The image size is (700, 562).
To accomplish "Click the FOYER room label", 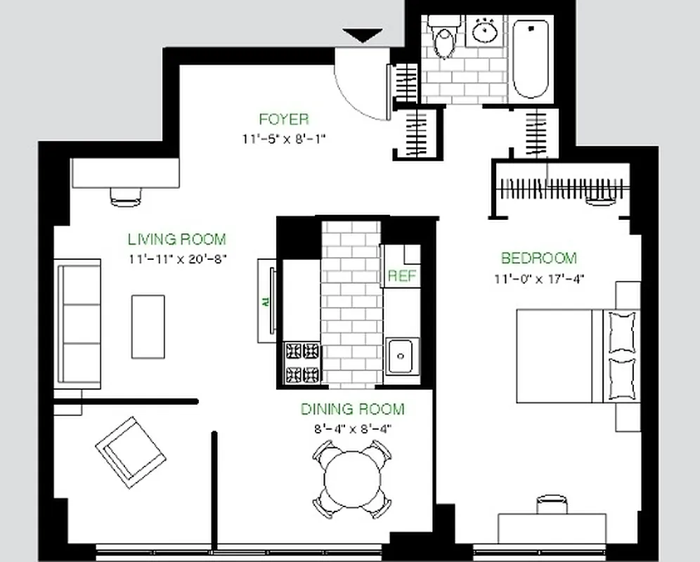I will click(x=283, y=119).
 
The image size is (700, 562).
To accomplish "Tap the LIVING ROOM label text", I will click(x=176, y=239).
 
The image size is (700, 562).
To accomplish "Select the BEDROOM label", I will click(x=538, y=258).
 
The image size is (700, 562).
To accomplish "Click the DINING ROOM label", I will click(x=352, y=409).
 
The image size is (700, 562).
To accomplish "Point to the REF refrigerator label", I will click(x=402, y=276).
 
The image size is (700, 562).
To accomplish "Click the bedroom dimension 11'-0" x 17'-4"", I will click(x=538, y=279).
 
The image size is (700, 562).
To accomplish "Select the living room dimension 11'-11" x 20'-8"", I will click(x=177, y=259).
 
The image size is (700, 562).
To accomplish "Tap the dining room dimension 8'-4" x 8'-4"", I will click(x=352, y=429).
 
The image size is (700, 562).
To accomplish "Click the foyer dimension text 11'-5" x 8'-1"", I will click(x=283, y=138).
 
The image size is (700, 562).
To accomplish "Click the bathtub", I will click(x=531, y=59).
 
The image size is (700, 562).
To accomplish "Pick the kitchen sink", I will click(x=402, y=356).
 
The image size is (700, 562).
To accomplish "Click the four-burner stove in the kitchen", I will click(x=302, y=362).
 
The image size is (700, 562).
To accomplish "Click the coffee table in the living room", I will click(x=148, y=327).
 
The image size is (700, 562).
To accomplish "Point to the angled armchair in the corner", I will click(x=131, y=452).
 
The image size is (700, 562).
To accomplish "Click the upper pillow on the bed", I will click(x=623, y=332).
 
